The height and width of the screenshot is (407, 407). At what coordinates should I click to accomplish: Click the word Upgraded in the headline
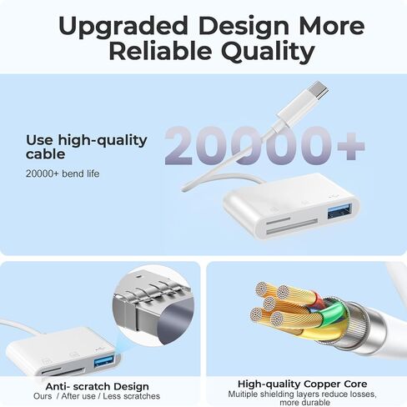[x=123, y=27]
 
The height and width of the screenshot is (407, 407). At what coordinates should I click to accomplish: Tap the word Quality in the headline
[x=268, y=53]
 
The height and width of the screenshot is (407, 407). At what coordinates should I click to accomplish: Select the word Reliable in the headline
[x=160, y=51]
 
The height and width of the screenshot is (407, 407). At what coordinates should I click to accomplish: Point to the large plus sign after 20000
[x=351, y=146]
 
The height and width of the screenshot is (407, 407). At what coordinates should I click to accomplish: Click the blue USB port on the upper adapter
[x=339, y=210]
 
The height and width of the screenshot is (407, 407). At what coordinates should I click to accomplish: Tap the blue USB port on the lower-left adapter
[x=103, y=361]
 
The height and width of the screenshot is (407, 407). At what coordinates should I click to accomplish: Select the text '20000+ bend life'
[x=63, y=173]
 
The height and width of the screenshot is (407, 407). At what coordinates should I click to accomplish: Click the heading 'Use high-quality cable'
[x=87, y=147]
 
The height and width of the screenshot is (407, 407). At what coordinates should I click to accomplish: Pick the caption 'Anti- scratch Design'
[x=98, y=386]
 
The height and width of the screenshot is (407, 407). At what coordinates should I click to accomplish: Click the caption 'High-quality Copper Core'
[x=302, y=384]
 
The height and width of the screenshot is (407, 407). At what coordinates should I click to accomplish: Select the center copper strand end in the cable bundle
[x=269, y=304]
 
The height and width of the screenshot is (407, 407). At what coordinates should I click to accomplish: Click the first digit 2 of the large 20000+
[x=178, y=146]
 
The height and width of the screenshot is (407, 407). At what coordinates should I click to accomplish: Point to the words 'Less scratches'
[x=131, y=396]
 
